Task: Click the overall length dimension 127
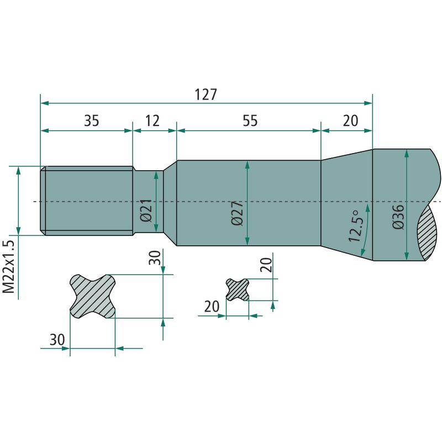point(206,94)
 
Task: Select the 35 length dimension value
point(92,120)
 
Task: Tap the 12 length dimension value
point(152,120)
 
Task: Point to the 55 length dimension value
point(250,120)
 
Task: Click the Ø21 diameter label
point(146,211)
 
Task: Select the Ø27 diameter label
point(238,213)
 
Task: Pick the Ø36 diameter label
point(398,217)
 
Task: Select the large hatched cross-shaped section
point(92,296)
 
